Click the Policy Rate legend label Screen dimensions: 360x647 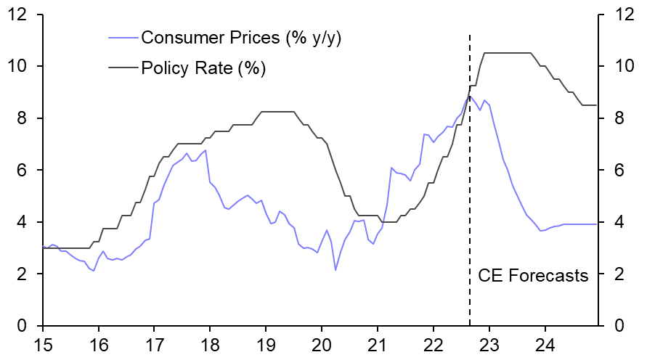point(203,68)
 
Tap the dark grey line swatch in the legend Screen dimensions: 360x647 point(123,68)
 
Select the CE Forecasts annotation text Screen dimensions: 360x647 point(532,276)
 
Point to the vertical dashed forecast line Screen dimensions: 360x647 point(469,181)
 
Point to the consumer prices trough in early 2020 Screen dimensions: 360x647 point(335,270)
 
